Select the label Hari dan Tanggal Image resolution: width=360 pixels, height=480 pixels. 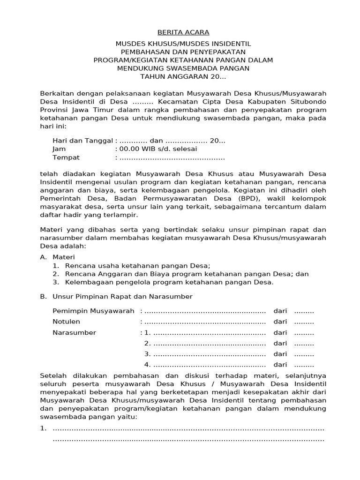click(x=82, y=141)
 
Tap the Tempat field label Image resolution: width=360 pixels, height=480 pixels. click(x=66, y=157)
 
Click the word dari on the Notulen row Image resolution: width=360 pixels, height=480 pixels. click(x=280, y=322)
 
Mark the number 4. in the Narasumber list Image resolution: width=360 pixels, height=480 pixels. click(x=147, y=365)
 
